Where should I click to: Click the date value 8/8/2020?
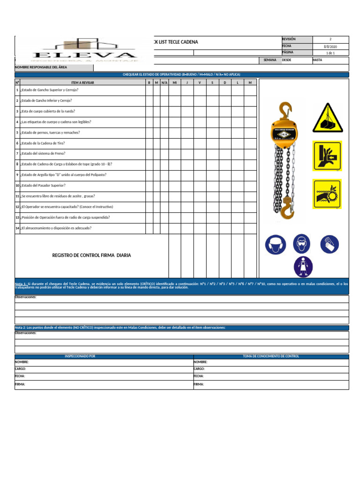pos(330,46)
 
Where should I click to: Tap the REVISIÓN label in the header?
pos(289,39)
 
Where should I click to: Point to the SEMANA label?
pos(270,60)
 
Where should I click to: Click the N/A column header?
pos(165,82)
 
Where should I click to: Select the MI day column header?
pos(175,82)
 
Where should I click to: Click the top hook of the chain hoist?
pos(284,111)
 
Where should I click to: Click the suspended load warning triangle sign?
pos(327,117)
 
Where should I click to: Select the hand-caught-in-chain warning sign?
pos(327,194)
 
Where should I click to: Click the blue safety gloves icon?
pos(329,244)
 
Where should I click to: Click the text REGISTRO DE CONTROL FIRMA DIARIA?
pos(91,255)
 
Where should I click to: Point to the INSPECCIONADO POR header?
pos(80,356)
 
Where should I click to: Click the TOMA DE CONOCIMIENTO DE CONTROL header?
pos(271,356)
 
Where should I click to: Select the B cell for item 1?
pos(149,90)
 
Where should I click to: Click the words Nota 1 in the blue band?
pos(21,284)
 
